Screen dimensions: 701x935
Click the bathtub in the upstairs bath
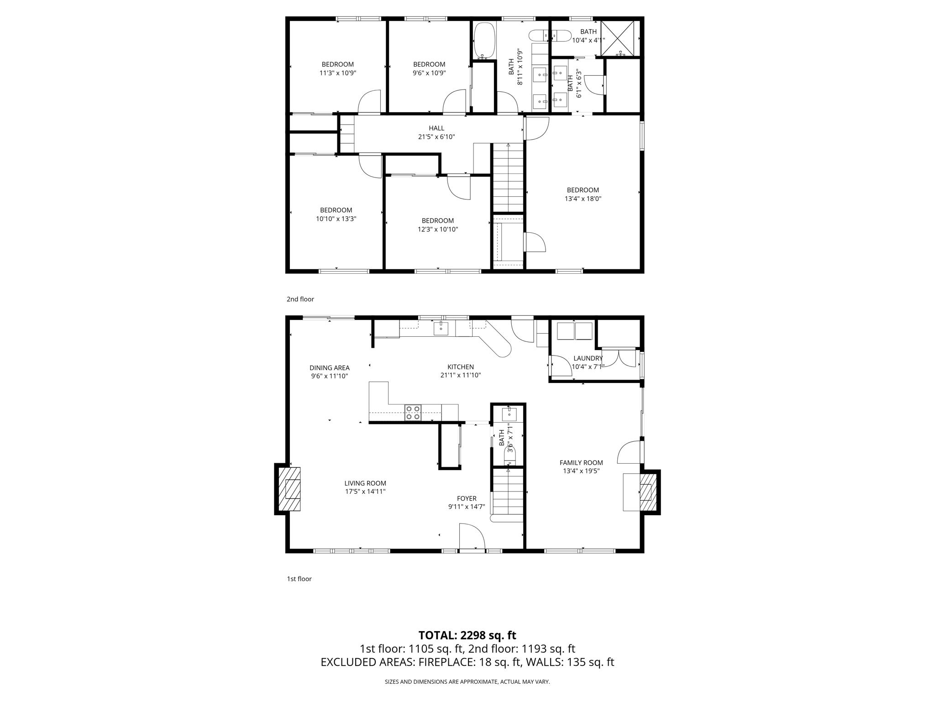[x=484, y=41]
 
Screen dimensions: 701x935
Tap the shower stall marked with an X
[x=617, y=37]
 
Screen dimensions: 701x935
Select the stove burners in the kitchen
[x=413, y=413]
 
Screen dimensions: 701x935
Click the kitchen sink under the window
[x=441, y=328]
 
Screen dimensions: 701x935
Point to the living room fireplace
[x=290, y=489]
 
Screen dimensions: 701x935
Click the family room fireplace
[x=646, y=492]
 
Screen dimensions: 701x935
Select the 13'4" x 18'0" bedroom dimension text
[x=583, y=199]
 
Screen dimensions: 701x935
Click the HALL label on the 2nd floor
[x=436, y=128]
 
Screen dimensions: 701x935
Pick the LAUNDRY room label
[x=588, y=358]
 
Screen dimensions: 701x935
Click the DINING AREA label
[x=329, y=368]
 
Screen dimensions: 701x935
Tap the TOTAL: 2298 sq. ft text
[x=467, y=635]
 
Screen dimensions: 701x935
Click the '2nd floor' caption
[x=300, y=299]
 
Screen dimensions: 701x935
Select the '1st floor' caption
[x=299, y=579]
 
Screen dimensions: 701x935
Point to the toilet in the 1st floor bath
[x=510, y=456]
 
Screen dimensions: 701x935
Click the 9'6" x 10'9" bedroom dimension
[x=429, y=73]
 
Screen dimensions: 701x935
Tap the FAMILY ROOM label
[x=581, y=463]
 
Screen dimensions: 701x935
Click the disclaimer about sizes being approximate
[x=467, y=682]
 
